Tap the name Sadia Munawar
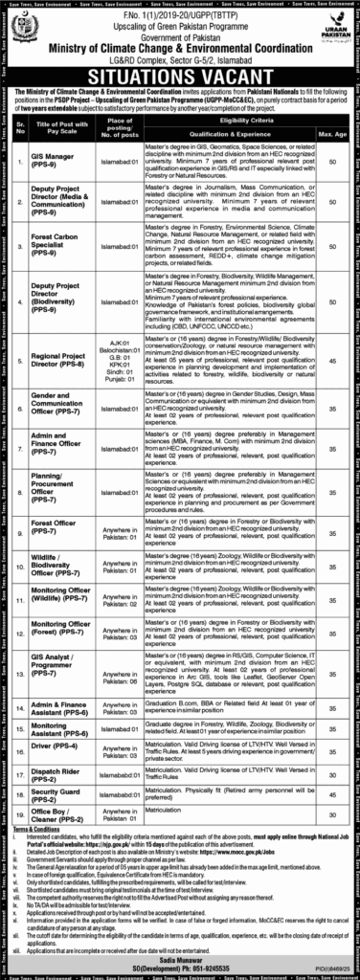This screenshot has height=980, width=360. point(179,957)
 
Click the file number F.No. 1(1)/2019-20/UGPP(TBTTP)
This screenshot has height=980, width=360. point(179,12)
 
